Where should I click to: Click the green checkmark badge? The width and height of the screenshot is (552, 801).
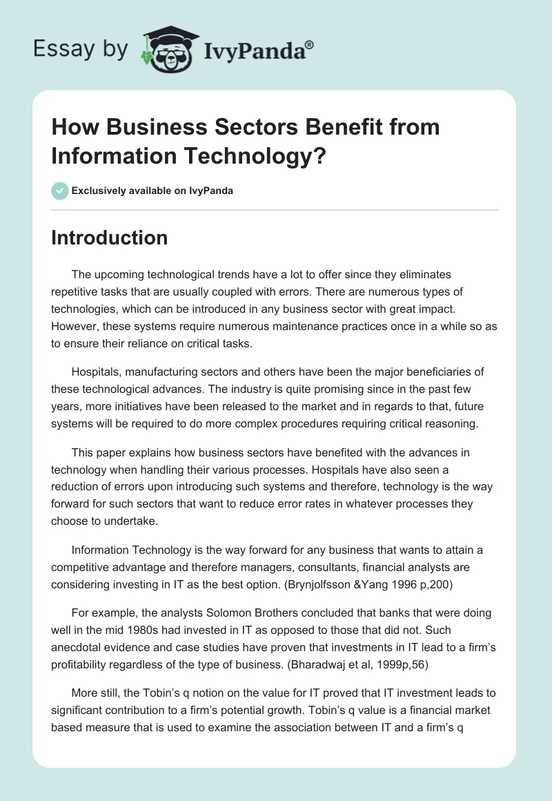pos(60,191)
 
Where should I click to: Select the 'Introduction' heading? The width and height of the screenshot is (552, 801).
pos(109,238)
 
